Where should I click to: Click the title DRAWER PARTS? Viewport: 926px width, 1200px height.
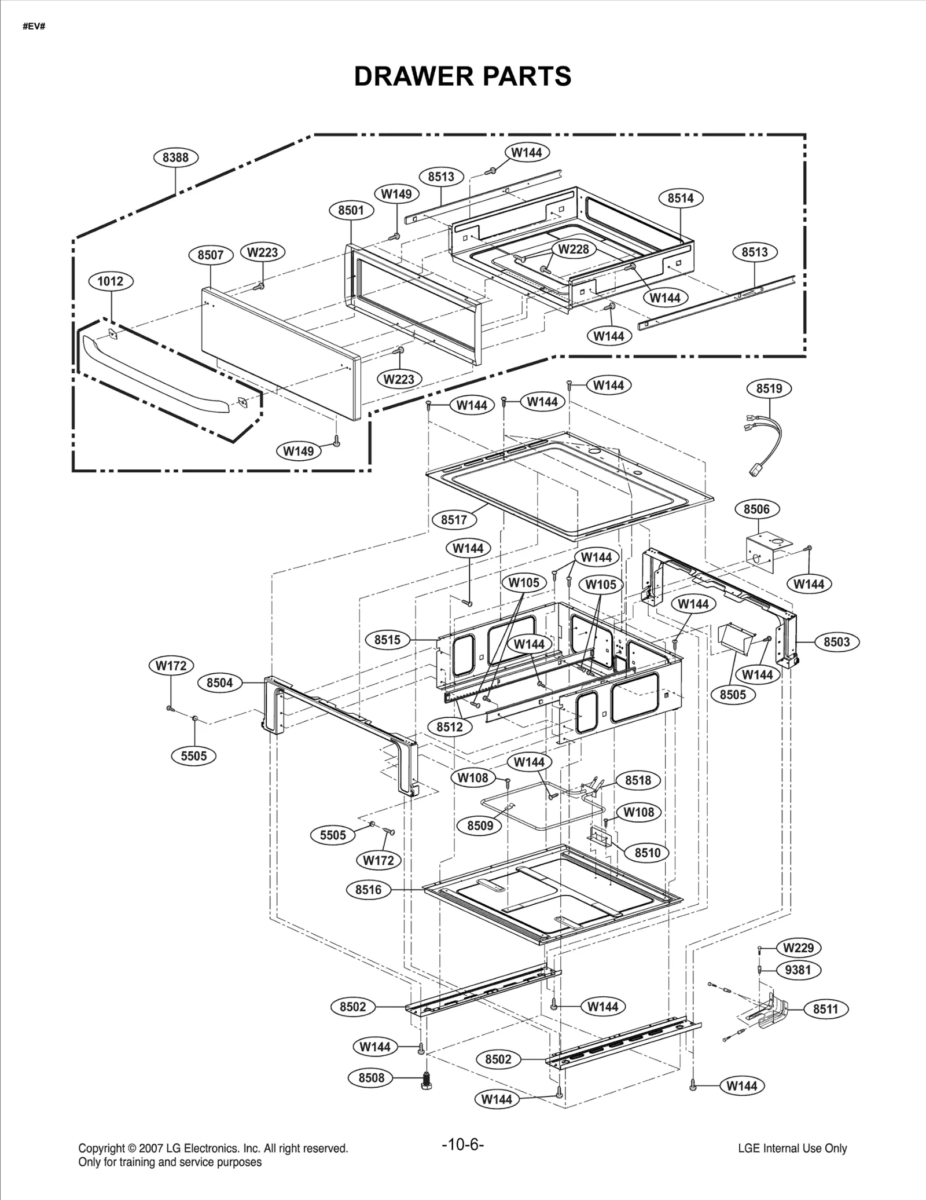coord(462,76)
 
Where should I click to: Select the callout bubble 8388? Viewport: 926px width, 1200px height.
coord(175,157)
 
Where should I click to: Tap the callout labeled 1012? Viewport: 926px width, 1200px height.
coord(110,281)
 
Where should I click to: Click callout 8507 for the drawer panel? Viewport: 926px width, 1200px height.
coord(211,255)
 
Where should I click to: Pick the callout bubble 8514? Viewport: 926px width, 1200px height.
coord(681,198)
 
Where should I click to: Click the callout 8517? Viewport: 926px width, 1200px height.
coord(454,520)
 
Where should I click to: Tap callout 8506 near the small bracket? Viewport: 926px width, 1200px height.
coord(756,509)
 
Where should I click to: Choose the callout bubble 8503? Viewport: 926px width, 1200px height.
coord(836,642)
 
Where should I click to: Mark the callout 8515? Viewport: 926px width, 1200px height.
coord(387,640)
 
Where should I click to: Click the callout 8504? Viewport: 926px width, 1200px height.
coord(219,682)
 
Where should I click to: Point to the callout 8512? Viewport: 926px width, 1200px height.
coord(450,727)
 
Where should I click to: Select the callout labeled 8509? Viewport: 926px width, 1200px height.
coord(480,825)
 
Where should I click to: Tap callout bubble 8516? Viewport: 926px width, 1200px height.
coord(368,890)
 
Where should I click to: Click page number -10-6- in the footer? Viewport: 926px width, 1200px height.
coord(462,1145)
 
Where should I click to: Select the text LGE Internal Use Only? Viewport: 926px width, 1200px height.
coord(792,1148)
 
